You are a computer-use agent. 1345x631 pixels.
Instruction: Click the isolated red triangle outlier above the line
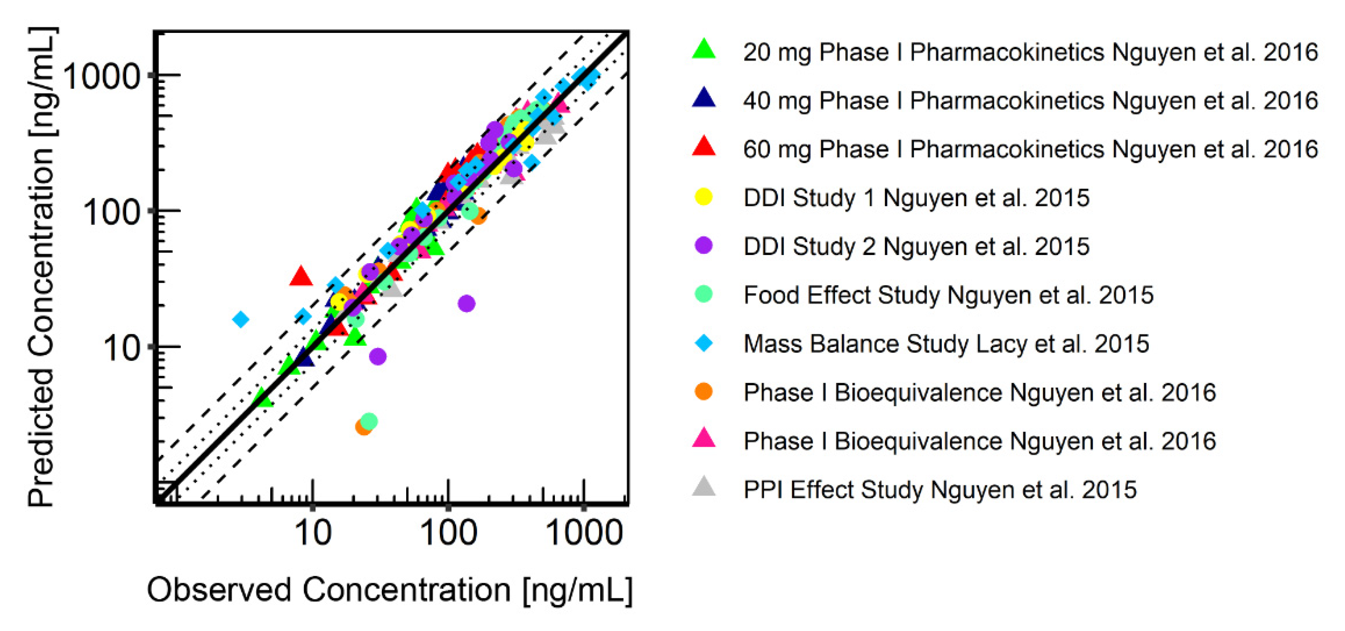pyautogui.click(x=301, y=276)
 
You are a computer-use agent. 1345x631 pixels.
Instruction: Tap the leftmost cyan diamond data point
pyautogui.click(x=241, y=319)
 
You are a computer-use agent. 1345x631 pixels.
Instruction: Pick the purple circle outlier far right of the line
pyautogui.click(x=466, y=303)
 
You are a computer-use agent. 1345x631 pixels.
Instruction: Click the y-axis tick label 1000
pyautogui.click(x=102, y=76)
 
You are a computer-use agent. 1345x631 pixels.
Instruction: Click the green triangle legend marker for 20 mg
pyautogui.click(x=703, y=50)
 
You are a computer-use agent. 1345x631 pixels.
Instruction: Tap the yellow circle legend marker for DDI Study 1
pyautogui.click(x=703, y=197)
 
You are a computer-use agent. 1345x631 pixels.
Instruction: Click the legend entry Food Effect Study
pyautogui.click(x=948, y=295)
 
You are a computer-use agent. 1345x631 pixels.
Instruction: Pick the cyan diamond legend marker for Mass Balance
pyautogui.click(x=703, y=343)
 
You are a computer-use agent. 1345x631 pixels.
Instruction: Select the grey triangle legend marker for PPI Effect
pyautogui.click(x=703, y=487)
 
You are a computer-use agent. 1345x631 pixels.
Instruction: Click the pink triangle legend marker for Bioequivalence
pyautogui.click(x=703, y=439)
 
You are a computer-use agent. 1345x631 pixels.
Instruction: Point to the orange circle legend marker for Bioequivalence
pyautogui.click(x=703, y=391)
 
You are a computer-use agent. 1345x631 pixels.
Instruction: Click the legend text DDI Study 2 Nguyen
pyautogui.click(x=916, y=247)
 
